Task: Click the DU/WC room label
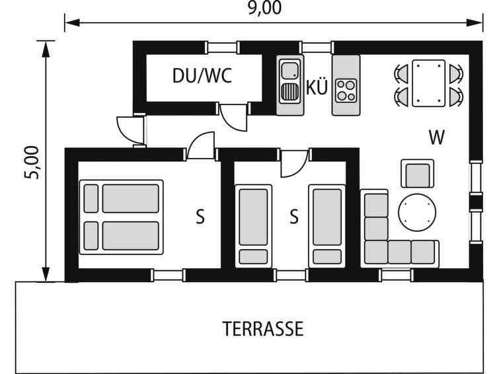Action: pos(202,76)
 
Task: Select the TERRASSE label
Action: pos(262,329)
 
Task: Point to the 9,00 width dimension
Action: pos(265,8)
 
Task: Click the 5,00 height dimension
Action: pos(32,163)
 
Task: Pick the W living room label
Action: pos(436,137)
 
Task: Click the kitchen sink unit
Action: pos(290,85)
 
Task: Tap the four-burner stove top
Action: pos(346,91)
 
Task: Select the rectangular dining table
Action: pos(428,83)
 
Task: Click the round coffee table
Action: pos(417,212)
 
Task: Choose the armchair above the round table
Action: pos(417,174)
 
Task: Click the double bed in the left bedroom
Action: pos(121,217)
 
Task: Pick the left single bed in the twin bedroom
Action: pos(253,226)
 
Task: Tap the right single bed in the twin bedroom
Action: pos(327,226)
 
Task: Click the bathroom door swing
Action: pos(233,117)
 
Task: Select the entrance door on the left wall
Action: pos(131,130)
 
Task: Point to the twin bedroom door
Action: pos(294,164)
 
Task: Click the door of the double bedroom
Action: pos(201,146)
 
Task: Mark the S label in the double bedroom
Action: pos(200,217)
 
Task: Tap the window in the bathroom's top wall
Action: pos(223,48)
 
